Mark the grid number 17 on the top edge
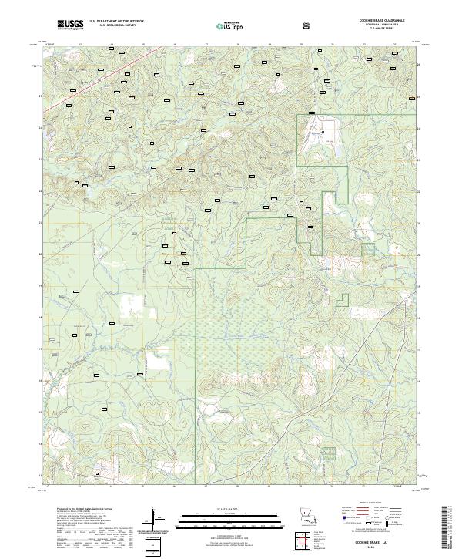[207, 45]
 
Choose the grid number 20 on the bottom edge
[300, 487]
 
